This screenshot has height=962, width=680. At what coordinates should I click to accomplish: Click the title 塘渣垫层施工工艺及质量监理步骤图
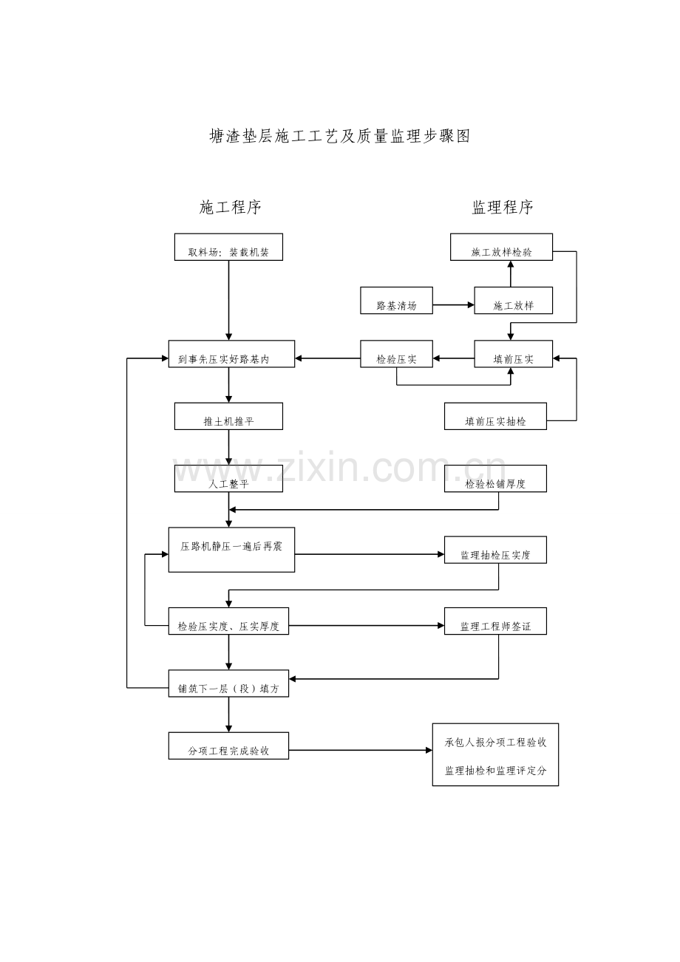[340, 136]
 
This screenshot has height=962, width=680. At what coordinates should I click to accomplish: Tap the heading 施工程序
[231, 208]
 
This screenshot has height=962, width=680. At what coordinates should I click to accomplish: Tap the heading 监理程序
[503, 208]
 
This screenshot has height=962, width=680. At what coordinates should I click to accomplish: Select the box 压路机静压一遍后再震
[231, 550]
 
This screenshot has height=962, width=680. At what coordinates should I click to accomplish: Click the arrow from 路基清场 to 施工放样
[453, 304]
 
